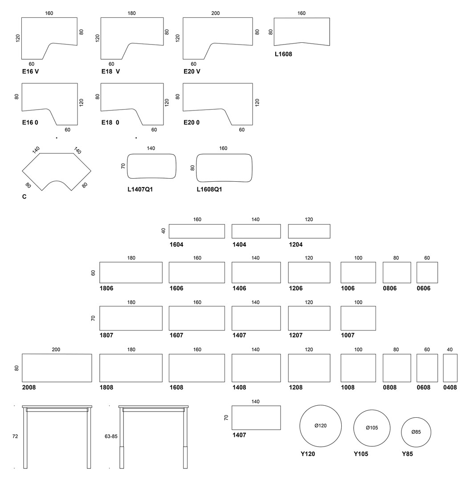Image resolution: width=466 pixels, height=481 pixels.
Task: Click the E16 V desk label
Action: click(30, 71)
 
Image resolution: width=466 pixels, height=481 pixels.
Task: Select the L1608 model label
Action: click(283, 54)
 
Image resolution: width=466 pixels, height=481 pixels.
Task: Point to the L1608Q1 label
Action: click(209, 190)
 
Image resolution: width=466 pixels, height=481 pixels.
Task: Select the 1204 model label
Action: click(296, 245)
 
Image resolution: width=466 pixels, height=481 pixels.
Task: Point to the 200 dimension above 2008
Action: click(56, 350)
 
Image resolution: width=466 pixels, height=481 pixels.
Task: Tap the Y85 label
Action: click(407, 454)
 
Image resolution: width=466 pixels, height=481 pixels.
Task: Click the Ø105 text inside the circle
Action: click(372, 428)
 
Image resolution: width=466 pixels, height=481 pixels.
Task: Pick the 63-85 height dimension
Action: click(111, 436)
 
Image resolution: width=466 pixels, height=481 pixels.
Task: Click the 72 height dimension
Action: click(15, 436)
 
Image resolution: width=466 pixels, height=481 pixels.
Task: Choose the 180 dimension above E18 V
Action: click(131, 13)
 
